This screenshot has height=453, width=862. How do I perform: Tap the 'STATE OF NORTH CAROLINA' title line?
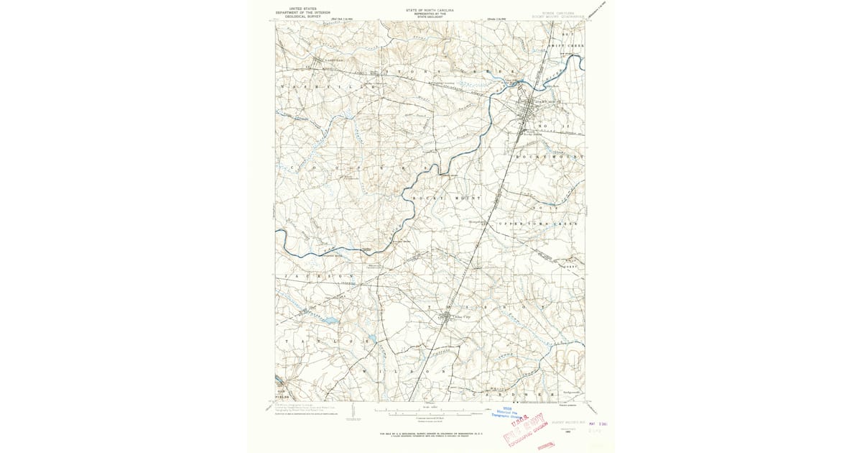430,10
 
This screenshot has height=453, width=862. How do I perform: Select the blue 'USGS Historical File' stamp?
511,413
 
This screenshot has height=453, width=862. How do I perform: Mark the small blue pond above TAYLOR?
332,320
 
